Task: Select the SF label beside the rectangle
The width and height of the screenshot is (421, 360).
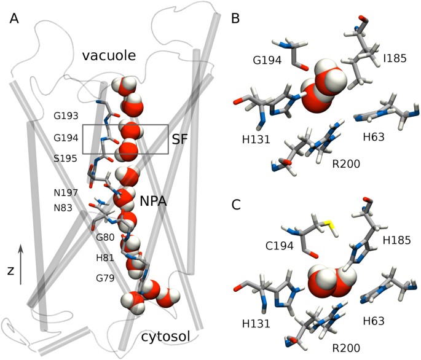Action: click(179, 141)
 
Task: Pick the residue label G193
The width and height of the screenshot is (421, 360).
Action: click(66, 116)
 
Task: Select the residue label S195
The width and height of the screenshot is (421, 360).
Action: click(66, 158)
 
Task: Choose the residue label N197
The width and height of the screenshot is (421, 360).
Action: click(66, 192)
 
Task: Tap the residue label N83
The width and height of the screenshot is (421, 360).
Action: click(64, 208)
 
